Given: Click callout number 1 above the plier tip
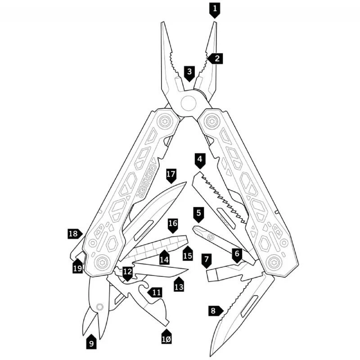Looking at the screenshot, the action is [x=215, y=10].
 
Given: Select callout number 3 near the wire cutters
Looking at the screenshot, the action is [x=189, y=73].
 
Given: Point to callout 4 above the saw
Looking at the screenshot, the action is [x=200, y=161].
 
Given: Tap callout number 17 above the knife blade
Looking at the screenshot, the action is [x=171, y=175].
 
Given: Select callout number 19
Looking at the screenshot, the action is [x=78, y=266].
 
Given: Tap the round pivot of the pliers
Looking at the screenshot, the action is [x=189, y=103].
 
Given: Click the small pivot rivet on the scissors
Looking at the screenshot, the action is [x=99, y=307].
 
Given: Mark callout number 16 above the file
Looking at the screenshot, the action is [x=173, y=225].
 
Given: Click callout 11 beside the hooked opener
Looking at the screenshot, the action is [x=155, y=292].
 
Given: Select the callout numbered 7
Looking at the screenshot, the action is [x=207, y=261].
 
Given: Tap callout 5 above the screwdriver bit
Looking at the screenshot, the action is [x=198, y=215].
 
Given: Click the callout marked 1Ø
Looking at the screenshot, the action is [x=166, y=337].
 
